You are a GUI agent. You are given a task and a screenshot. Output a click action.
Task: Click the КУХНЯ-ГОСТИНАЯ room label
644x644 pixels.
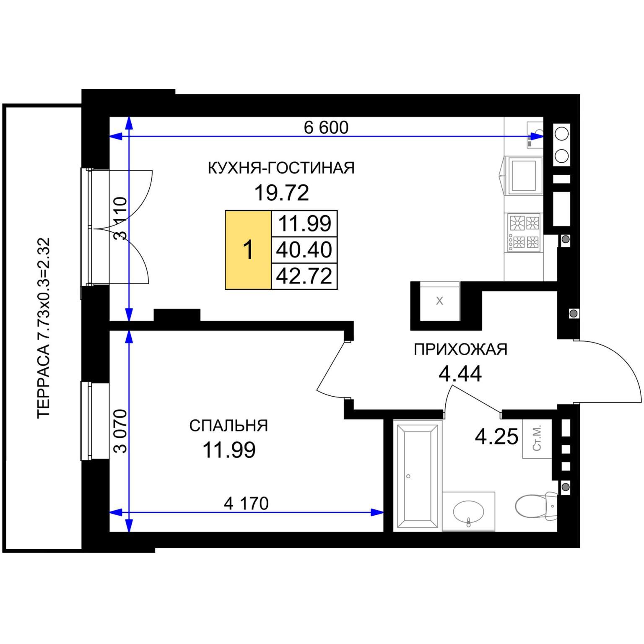coord(281,168)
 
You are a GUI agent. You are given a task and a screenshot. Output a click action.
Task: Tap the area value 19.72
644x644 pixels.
coord(281,193)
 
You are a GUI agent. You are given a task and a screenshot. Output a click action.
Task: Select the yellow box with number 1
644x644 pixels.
coord(248,250)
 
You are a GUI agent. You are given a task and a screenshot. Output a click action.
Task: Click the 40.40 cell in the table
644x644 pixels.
coord(304,250)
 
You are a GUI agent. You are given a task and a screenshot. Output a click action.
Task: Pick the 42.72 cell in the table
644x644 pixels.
coord(304,276)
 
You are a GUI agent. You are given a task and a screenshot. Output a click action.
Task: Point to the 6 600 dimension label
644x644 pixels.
coord(326,127)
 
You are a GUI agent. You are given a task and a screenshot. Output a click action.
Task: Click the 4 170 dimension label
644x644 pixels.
coord(246,504)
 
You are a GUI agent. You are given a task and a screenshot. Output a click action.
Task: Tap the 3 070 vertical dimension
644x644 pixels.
coord(120,431)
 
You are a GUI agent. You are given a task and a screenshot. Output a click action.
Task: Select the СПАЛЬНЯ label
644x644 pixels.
coord(229,426)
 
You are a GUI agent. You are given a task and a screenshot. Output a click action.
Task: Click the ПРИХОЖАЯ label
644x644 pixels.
coord(460,349)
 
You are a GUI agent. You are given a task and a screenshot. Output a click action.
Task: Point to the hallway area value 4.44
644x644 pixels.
coord(460,374)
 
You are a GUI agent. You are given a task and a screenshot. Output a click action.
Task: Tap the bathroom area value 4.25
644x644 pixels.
coord(496,436)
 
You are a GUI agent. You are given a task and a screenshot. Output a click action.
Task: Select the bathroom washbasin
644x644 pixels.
coord(469,512)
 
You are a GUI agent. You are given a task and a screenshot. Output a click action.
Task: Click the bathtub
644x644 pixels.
coord(417,476)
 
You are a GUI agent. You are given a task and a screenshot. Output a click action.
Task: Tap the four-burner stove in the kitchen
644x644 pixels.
coord(524,232)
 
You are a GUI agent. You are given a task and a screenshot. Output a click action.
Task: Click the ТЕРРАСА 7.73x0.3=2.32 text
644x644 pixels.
coord(44,328)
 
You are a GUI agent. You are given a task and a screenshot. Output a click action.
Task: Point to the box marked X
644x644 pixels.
coord(439,301)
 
